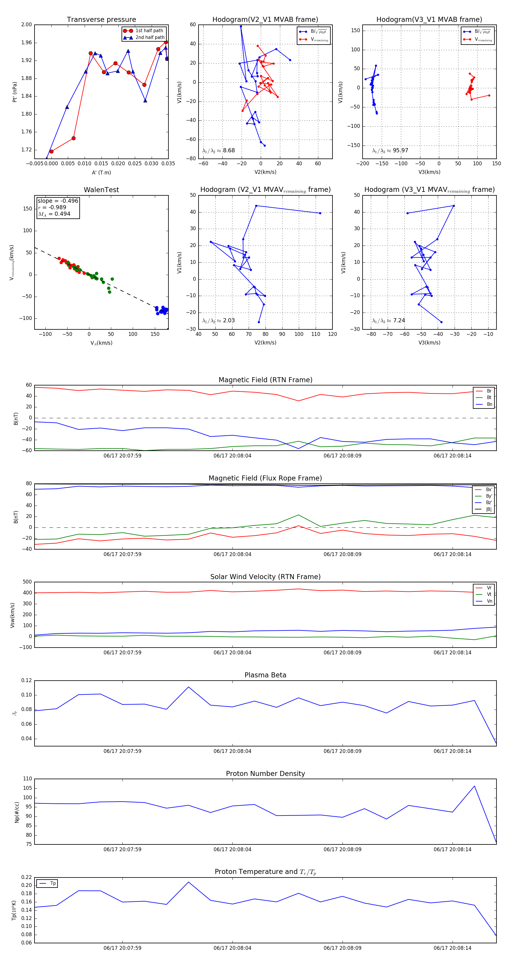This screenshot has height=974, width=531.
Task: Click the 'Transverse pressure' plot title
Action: point(101,20)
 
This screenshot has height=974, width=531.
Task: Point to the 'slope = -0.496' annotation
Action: point(58,201)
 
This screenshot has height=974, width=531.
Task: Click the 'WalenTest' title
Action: point(101,190)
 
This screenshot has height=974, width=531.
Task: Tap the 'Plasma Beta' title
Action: point(265,675)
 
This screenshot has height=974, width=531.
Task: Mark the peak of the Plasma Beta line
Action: point(188,687)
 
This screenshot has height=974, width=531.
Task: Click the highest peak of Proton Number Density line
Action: point(474,786)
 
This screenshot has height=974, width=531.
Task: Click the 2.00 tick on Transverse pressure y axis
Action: point(27,24)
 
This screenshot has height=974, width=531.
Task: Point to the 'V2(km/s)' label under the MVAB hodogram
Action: point(265,172)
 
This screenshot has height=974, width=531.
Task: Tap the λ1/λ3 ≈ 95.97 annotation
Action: point(390,151)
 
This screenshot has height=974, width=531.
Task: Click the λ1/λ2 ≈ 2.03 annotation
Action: point(218,321)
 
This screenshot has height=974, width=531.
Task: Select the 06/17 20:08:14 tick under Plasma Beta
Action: point(453,751)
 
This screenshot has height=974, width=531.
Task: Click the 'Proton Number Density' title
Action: point(265,774)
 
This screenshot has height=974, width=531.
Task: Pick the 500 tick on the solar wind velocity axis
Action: point(27,582)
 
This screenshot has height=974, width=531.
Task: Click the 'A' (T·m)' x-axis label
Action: point(101,172)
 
